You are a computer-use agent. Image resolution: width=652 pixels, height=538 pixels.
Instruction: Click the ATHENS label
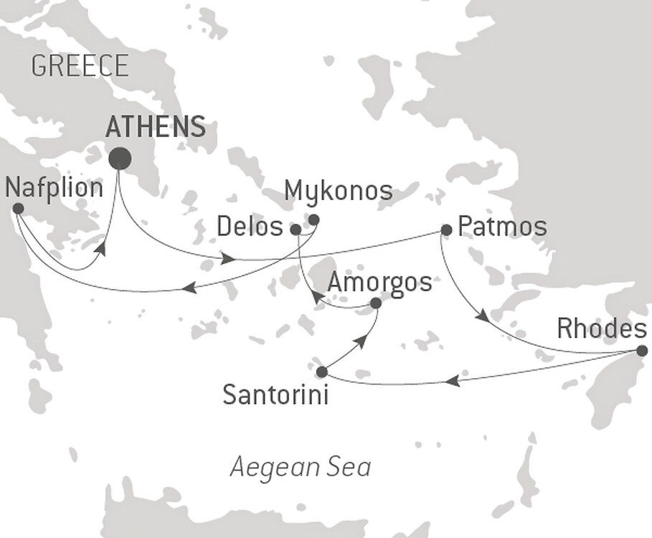155,127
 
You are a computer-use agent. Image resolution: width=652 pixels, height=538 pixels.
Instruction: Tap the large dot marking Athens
119,158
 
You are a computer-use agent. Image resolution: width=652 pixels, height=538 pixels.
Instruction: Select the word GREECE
80,67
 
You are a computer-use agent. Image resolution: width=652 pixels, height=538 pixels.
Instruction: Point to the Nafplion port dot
18,209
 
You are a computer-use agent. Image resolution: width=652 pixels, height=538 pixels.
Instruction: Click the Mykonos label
339,191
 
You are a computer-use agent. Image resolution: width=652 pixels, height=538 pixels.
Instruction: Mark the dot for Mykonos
313,220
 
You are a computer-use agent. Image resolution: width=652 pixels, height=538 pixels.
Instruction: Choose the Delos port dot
296,230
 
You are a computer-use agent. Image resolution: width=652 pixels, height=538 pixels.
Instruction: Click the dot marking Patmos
445,230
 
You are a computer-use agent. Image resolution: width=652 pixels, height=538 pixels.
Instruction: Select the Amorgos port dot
375,303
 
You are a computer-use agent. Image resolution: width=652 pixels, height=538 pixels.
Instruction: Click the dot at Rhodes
642,351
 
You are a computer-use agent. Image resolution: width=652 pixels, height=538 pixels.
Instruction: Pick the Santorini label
276,394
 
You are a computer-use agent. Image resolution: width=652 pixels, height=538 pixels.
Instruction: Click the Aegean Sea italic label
301,468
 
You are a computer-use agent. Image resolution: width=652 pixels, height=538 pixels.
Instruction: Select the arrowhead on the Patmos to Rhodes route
486,316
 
